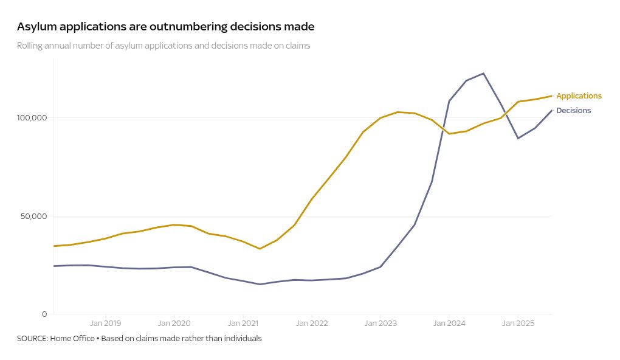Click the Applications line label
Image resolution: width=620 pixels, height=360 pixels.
[579, 96]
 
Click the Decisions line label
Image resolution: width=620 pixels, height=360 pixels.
[573, 111]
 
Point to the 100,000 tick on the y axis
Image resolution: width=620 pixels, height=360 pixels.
[32, 117]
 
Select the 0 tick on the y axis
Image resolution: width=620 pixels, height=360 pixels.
[44, 314]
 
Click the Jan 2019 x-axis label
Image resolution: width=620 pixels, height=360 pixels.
[105, 324]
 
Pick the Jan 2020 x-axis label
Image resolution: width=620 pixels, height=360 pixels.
[174, 324]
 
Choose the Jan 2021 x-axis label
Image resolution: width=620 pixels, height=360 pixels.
[243, 324]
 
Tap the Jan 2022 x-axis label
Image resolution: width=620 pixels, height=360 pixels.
[311, 324]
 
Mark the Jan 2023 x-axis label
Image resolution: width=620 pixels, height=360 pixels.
[380, 324]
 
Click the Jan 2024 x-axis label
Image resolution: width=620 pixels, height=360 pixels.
[449, 324]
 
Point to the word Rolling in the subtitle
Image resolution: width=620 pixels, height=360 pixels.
[30, 46]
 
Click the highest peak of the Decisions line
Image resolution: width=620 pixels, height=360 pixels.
[483, 74]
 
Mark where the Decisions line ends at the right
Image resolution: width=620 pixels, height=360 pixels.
[552, 110]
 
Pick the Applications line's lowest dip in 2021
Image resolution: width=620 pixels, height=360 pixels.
[260, 249]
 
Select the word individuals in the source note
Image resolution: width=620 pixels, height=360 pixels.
[243, 338]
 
